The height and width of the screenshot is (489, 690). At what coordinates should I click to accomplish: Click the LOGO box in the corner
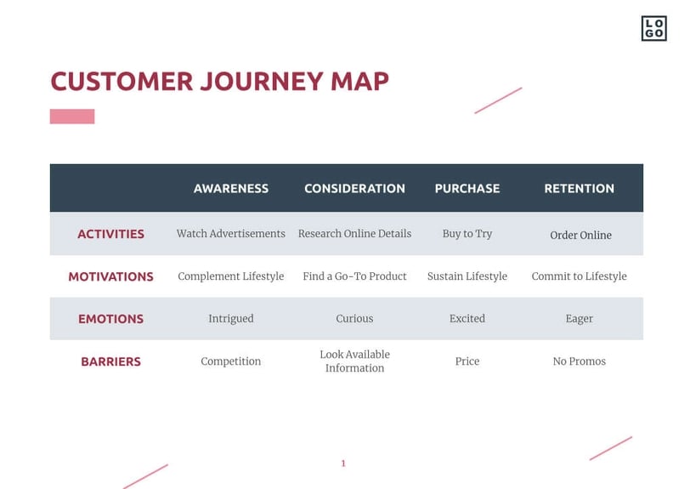coord(653,28)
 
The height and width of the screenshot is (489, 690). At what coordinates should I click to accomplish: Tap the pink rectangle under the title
coord(72,117)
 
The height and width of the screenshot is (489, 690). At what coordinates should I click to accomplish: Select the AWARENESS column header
coord(231,189)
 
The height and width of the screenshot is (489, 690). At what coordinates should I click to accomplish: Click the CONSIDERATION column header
coord(354,189)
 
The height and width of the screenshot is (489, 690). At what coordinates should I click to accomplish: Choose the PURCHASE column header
coord(467,189)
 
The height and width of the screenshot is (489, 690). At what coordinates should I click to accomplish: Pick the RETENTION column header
coord(579,189)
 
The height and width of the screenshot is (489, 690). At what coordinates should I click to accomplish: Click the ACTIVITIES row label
coord(110,234)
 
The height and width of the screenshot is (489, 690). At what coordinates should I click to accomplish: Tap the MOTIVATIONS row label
coord(110,276)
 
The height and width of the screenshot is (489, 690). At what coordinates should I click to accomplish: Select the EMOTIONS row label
coord(110,319)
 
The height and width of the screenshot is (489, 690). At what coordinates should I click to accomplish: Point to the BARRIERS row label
coord(110,361)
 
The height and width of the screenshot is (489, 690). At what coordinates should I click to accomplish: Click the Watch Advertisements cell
coord(231,234)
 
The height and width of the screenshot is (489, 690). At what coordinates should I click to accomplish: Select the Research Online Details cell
coord(354,234)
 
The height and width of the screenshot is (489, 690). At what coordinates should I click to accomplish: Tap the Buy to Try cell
coord(467,234)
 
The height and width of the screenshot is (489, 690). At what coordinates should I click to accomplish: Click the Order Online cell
coord(580,236)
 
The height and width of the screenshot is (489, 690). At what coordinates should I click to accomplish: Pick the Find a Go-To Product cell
coord(354,276)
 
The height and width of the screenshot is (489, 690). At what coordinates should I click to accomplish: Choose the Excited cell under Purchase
coord(467,319)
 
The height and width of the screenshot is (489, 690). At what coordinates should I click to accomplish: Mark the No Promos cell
coord(579,361)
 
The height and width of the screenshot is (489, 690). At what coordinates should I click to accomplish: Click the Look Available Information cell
coord(354,361)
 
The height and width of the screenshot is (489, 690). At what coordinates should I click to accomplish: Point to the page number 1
coord(343,463)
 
